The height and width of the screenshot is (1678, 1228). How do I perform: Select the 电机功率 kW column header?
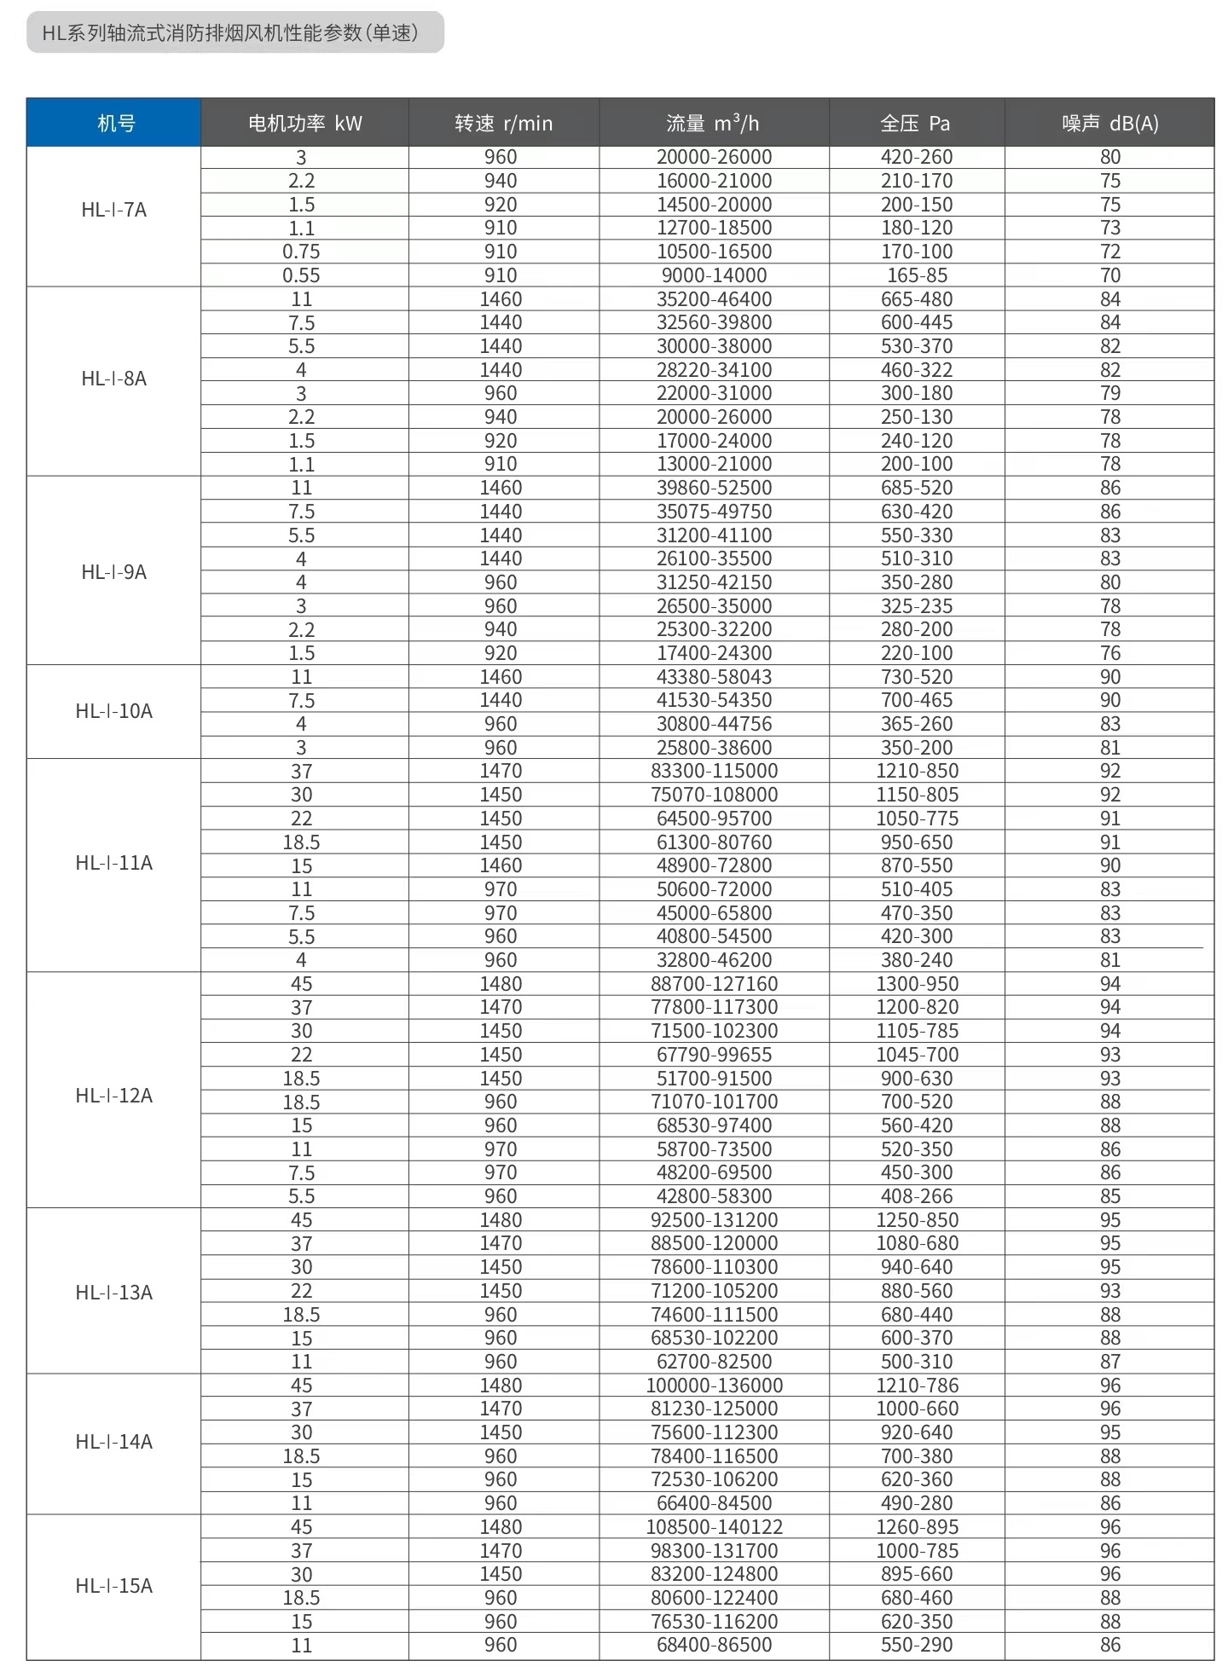(x=304, y=123)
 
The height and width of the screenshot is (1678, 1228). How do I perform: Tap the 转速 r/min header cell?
(x=503, y=123)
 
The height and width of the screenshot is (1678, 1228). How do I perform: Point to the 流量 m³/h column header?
(x=713, y=123)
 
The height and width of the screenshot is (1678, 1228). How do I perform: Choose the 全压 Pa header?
(x=915, y=123)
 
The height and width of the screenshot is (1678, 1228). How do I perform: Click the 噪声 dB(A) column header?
(x=1109, y=123)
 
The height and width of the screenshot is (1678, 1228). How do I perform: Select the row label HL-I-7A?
(x=114, y=210)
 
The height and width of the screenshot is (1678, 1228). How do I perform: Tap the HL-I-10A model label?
(x=114, y=711)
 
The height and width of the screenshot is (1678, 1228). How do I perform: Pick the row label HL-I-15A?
(x=114, y=1586)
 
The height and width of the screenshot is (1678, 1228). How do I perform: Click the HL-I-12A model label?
(x=114, y=1096)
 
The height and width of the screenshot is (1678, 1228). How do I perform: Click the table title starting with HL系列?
(x=230, y=33)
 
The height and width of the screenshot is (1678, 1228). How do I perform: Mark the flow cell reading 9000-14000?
(x=714, y=275)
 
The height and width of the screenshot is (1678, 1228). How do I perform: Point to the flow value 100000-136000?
(x=714, y=1386)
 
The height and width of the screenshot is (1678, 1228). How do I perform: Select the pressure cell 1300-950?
(x=917, y=984)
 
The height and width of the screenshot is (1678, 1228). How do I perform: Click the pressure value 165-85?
(x=917, y=275)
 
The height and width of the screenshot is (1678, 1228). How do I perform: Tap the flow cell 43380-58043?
(x=714, y=677)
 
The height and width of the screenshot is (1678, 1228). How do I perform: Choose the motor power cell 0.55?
(x=301, y=275)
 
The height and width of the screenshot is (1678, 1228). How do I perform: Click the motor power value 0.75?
(x=301, y=252)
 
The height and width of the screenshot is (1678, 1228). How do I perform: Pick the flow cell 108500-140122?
(x=714, y=1527)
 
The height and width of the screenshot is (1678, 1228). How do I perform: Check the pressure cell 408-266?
(x=917, y=1196)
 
